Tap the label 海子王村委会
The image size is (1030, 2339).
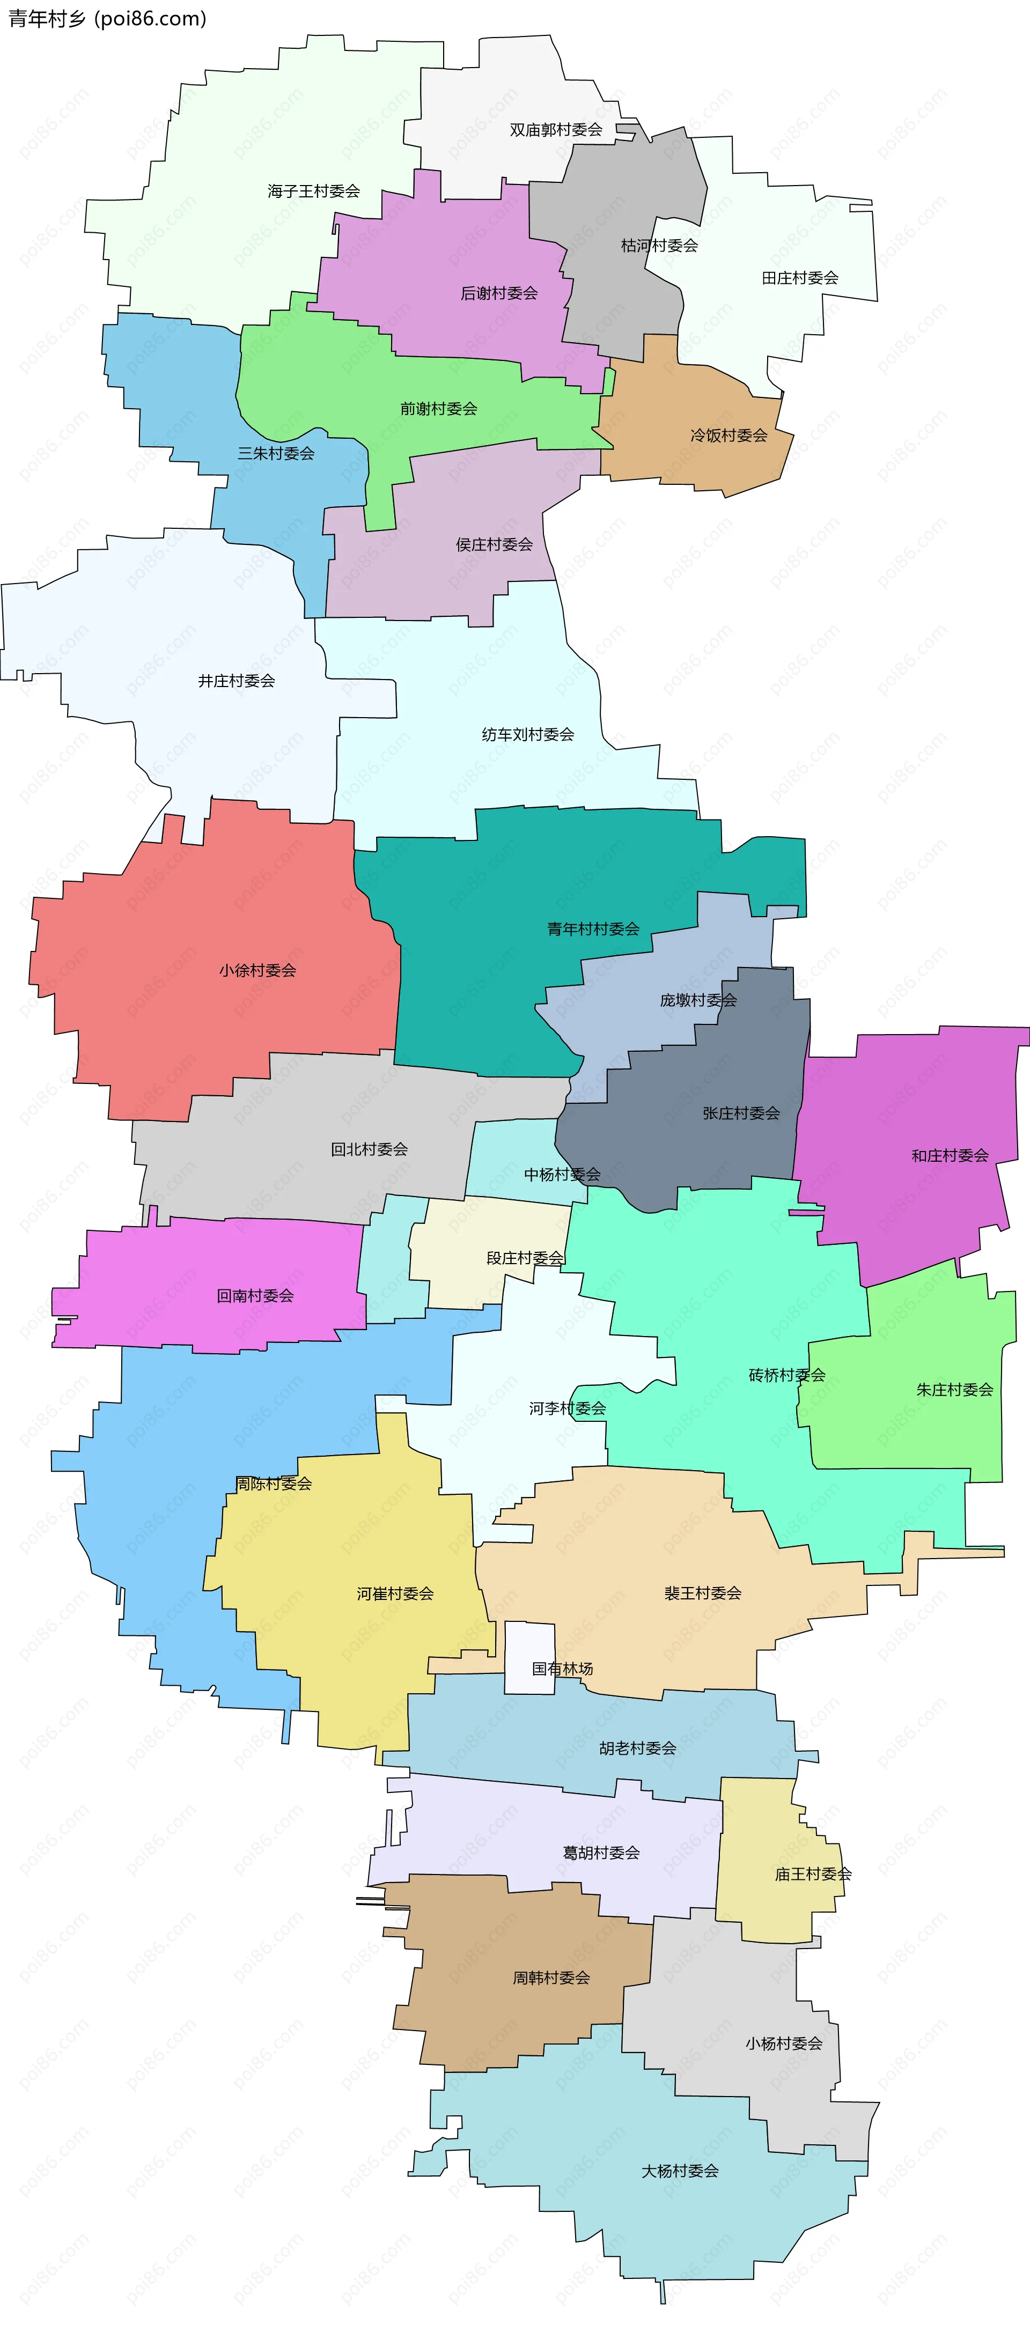313,191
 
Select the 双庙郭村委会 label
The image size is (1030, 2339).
556,130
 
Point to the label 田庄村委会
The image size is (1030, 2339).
799,278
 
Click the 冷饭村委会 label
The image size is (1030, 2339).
729,436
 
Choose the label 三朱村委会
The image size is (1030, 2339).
275,453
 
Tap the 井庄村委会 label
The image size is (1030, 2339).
236,680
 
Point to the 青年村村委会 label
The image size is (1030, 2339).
593,929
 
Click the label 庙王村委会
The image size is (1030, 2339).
813,1873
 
